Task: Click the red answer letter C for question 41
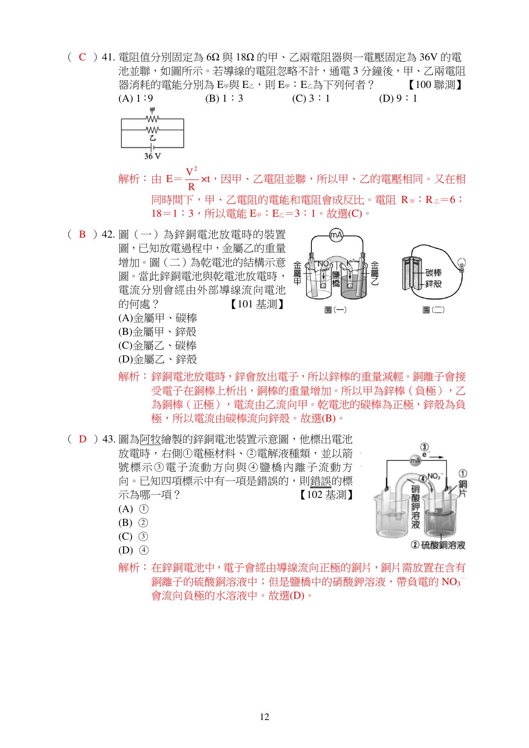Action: point(82,57)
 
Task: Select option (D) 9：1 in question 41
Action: point(398,99)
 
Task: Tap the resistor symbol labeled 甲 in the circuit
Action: point(152,119)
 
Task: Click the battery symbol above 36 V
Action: point(152,147)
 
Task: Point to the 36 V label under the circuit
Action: point(152,156)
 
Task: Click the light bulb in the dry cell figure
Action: point(462,265)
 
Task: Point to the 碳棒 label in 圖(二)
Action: point(434,273)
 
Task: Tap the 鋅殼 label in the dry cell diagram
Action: point(434,283)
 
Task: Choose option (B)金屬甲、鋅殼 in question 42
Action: point(157,332)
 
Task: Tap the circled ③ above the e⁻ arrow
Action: point(425,447)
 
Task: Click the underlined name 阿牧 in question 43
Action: point(150,440)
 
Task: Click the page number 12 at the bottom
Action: point(264,717)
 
